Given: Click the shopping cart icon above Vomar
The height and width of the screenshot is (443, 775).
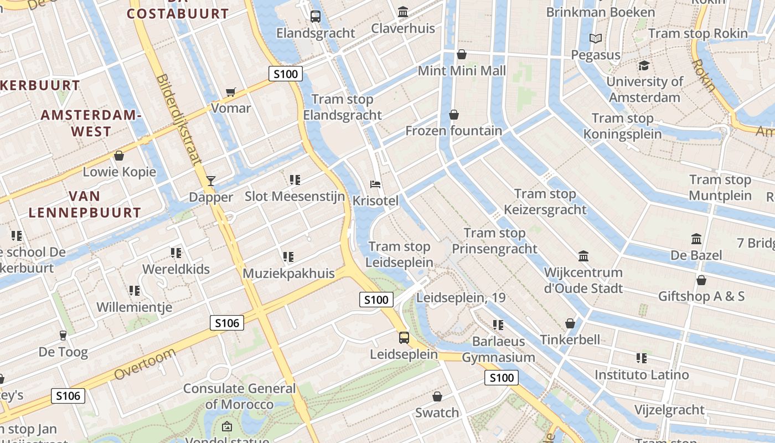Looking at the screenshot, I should coord(231,92).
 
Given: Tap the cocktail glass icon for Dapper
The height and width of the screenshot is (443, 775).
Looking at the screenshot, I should coord(210,181).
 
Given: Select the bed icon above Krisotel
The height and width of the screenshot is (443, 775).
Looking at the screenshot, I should coord(375,184).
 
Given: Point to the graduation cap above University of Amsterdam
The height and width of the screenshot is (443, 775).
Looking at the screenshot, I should coord(643,66).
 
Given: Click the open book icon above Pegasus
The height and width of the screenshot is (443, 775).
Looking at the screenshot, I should coord(596,38).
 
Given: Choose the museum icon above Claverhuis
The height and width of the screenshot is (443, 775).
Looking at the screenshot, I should coord(403,12).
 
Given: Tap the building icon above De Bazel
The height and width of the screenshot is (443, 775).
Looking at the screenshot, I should coord(696,239).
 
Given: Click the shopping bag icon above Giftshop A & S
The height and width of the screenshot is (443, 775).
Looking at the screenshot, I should coord(701,280).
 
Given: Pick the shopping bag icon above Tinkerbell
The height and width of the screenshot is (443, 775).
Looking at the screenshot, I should coord(570,323).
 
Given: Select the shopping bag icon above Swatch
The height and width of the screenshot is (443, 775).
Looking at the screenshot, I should coord(437,396).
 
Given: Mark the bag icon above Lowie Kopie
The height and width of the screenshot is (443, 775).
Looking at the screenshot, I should coord(119,156).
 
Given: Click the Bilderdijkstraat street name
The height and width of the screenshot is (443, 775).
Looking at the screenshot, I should coord(179,120).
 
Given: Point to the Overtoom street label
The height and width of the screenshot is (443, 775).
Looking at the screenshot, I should coord(145,364).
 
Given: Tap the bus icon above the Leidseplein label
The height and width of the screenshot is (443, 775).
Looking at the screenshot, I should coord(404,338).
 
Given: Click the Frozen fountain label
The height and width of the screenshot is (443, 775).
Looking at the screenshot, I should coord(453,131).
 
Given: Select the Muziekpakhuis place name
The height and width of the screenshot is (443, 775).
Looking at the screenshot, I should coord(288,273).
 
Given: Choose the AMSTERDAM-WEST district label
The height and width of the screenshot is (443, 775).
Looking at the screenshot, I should coord(91,123).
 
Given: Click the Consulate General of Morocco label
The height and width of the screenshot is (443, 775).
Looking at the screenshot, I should coord(240,396).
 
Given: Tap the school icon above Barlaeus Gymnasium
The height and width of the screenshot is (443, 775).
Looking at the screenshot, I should coord(498,325).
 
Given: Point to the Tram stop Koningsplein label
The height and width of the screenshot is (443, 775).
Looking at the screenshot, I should coord(622,126).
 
